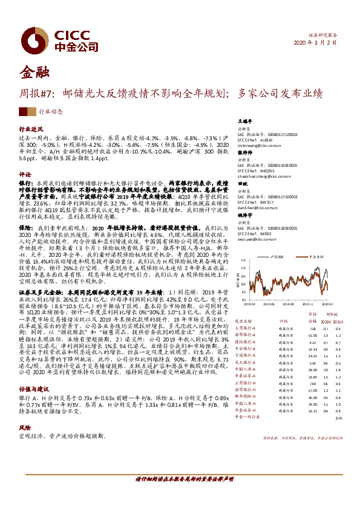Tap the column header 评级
click(x=283, y=321)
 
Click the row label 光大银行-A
click(x=246, y=362)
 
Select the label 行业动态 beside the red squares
click(x=51, y=112)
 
